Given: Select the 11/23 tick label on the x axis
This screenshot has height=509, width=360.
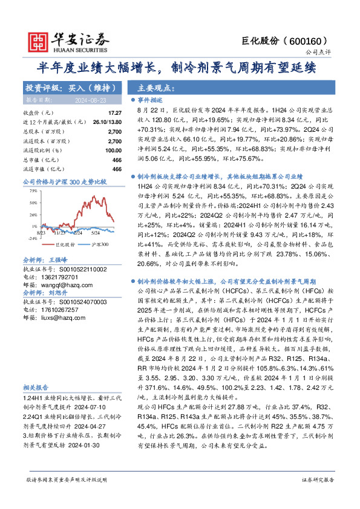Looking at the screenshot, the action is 59,231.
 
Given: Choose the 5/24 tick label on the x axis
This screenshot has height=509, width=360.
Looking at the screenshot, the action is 95,231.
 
